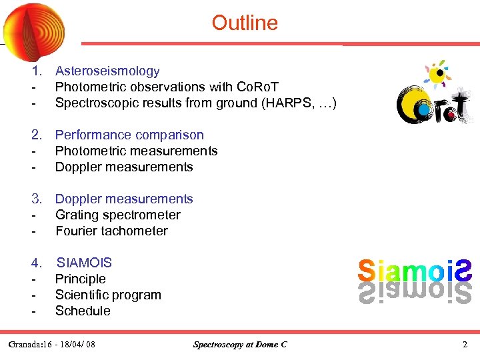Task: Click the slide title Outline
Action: [245, 23]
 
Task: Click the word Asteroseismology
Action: [107, 71]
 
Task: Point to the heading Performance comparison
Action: [129, 135]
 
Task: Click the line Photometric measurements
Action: [136, 151]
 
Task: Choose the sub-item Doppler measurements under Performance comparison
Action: [124, 167]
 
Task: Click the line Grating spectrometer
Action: [117, 215]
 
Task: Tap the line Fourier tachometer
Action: [111, 231]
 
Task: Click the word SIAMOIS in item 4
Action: [84, 263]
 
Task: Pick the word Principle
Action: [80, 279]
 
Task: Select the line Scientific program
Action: [108, 295]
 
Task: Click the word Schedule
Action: [83, 311]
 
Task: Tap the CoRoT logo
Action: [433, 97]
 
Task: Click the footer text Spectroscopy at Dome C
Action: [240, 345]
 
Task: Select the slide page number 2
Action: [465, 345]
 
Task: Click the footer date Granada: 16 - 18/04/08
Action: [52, 345]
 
